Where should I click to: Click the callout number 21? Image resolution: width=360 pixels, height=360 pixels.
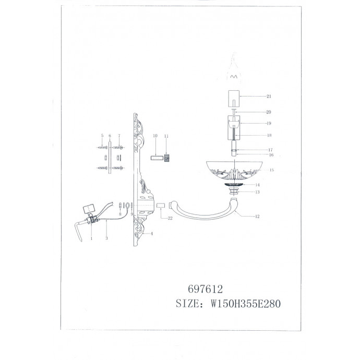pyautogui.click(x=269, y=97)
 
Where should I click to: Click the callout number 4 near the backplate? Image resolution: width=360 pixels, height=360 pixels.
pyautogui.click(x=151, y=234)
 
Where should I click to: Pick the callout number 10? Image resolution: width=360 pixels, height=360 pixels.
pyautogui.click(x=155, y=136)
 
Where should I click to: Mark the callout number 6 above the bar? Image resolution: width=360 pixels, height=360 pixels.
pyautogui.click(x=110, y=136)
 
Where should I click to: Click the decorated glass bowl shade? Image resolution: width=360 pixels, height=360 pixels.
pyautogui.click(x=234, y=170)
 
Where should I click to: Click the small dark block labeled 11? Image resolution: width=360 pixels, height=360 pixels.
pyautogui.click(x=167, y=158)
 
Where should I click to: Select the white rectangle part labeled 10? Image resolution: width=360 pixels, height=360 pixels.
pyautogui.click(x=155, y=157)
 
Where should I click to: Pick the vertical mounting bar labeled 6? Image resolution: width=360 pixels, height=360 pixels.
pyautogui.click(x=110, y=157)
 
